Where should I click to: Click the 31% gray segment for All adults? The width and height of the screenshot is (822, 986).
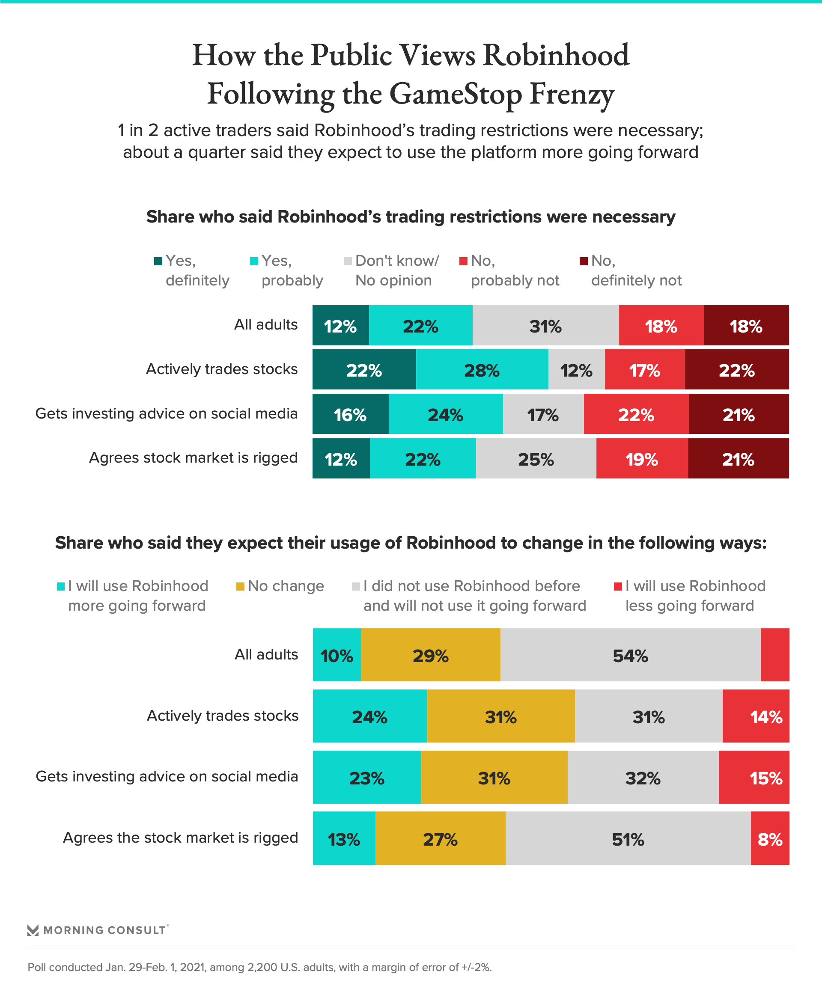pyautogui.click(x=545, y=325)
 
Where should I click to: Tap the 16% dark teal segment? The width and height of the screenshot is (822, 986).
pyautogui.click(x=350, y=414)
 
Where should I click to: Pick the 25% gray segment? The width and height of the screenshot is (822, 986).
pyautogui.click(x=536, y=458)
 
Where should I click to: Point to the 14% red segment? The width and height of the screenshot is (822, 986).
pyautogui.click(x=756, y=716)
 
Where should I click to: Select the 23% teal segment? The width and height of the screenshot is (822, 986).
pyautogui.click(x=367, y=777)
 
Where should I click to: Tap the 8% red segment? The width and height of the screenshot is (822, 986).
pyautogui.click(x=770, y=838)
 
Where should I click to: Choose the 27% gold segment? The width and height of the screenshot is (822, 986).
pyautogui.click(x=440, y=838)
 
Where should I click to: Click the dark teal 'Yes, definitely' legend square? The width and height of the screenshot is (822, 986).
pyautogui.click(x=158, y=261)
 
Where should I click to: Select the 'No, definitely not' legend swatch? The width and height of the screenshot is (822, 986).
pyautogui.click(x=584, y=261)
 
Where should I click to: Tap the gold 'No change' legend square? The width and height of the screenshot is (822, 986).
pyautogui.click(x=240, y=586)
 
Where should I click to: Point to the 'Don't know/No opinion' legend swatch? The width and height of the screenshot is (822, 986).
pyautogui.click(x=348, y=261)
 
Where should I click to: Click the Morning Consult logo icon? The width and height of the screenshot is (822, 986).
pyautogui.click(x=33, y=930)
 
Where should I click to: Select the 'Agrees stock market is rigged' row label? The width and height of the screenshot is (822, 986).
pyautogui.click(x=193, y=457)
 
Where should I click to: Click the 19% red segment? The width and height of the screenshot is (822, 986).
pyautogui.click(x=642, y=458)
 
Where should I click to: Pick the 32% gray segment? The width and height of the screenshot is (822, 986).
pyautogui.click(x=643, y=777)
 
